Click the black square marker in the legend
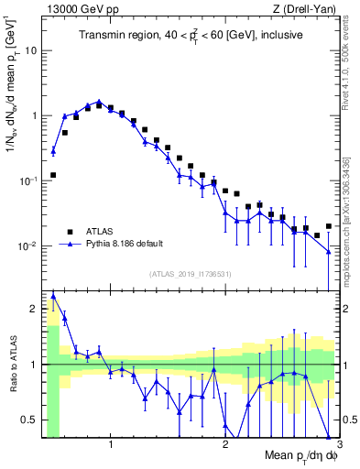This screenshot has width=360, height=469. tap(70, 231)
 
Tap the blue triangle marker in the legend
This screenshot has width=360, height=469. tap(70, 245)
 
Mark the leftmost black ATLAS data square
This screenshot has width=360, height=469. tap(53, 174)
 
